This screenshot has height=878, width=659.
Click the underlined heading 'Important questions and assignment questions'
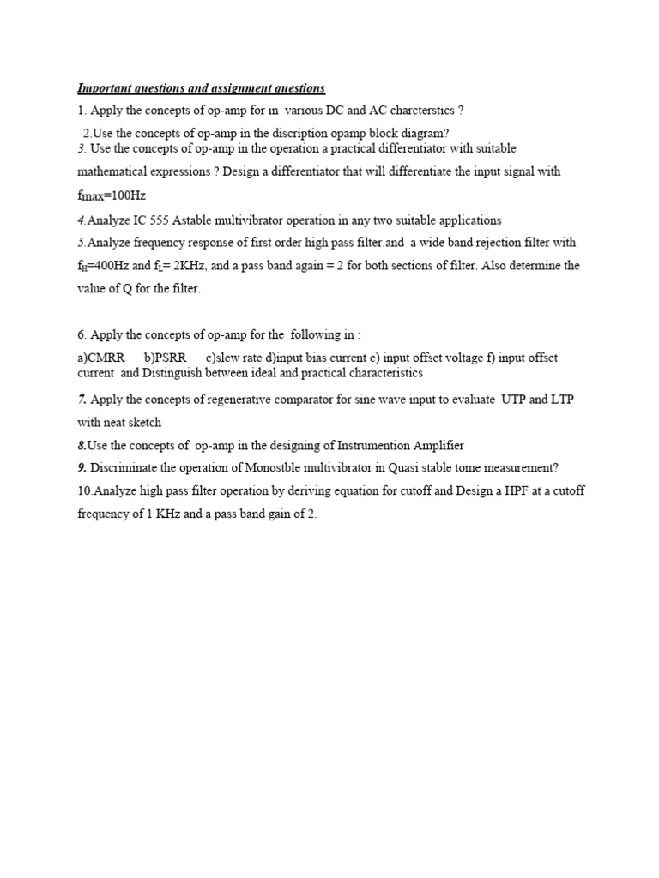[202, 88]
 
